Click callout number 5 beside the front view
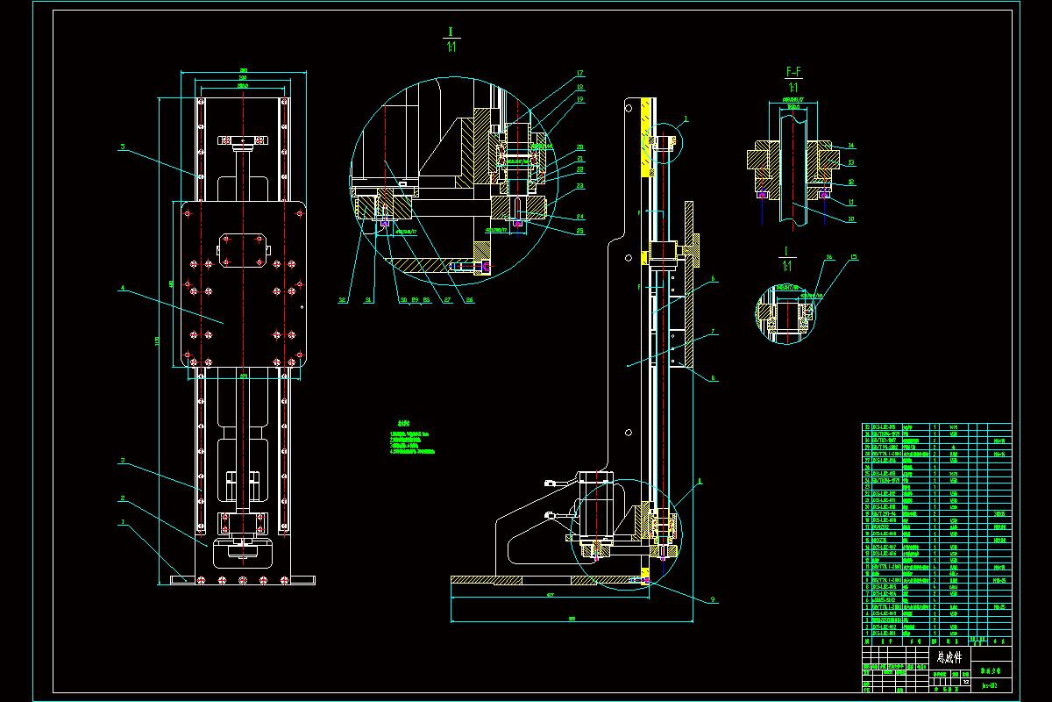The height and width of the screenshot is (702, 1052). tap(124, 147)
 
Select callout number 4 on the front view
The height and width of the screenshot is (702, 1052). tap(124, 287)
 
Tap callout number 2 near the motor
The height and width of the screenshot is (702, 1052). tap(123, 498)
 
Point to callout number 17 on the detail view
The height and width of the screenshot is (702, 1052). tap(580, 73)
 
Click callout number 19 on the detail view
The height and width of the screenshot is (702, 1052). tap(580, 100)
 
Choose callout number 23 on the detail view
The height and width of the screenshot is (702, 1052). tap(580, 187)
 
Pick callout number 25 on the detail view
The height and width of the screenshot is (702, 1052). tap(580, 231)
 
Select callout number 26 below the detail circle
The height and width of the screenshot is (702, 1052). tap(470, 300)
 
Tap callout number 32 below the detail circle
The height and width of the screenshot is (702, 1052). tap(343, 300)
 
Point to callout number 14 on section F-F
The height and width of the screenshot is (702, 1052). tap(851, 146)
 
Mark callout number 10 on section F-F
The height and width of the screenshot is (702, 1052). tap(851, 219)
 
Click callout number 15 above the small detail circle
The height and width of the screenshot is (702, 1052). tap(854, 257)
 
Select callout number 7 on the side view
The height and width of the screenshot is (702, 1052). tap(714, 332)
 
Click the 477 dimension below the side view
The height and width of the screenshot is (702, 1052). tap(551, 595)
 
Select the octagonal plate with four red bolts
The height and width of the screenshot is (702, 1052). tap(242, 250)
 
